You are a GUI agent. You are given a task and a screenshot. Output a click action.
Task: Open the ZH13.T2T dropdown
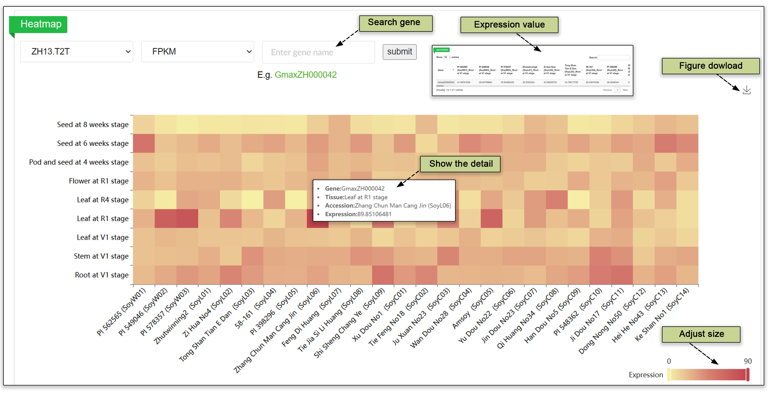(77, 51)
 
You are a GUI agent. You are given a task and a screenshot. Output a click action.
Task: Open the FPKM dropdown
(197, 51)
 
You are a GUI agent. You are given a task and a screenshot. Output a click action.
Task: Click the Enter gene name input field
(318, 52)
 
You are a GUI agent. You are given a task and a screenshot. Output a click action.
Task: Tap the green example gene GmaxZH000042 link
(305, 75)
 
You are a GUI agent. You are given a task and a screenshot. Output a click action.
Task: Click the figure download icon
(746, 90)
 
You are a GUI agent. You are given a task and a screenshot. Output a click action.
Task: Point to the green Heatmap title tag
(41, 24)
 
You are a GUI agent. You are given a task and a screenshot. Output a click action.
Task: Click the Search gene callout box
(395, 23)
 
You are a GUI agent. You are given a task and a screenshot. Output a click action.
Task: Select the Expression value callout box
(509, 25)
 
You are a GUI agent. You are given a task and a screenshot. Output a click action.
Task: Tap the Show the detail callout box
(460, 164)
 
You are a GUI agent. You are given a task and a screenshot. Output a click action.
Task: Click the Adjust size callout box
(701, 334)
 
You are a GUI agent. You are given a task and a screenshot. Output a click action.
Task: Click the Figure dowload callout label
(710, 66)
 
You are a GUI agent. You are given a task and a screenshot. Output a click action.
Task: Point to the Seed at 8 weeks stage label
(93, 125)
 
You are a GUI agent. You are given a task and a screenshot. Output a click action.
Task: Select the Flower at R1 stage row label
(98, 181)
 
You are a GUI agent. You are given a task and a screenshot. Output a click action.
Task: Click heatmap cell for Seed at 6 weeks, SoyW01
(144, 143)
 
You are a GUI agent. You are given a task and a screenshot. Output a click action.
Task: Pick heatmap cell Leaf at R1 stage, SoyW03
(187, 218)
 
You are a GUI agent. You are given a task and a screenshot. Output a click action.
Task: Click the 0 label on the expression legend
(669, 361)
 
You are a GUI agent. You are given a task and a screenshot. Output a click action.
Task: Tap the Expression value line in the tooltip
(358, 214)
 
